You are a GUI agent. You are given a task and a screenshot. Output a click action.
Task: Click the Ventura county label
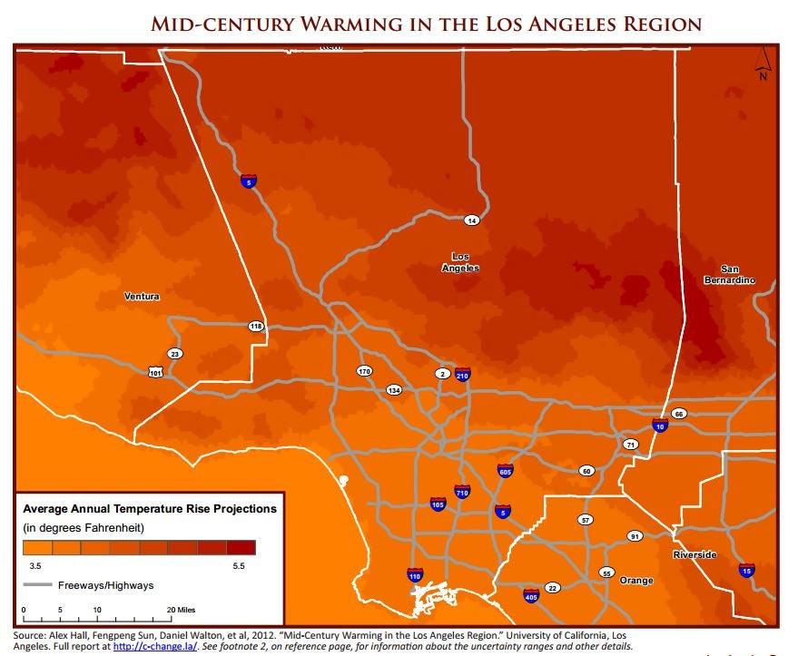[x=142, y=297]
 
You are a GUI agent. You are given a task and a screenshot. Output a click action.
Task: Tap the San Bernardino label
[x=729, y=274]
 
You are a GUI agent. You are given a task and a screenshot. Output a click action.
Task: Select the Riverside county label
[x=695, y=554]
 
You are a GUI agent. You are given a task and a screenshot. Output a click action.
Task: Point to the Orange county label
[x=635, y=580]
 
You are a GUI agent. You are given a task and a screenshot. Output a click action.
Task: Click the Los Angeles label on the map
[x=460, y=262]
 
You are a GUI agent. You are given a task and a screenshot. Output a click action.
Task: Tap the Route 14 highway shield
[x=471, y=220]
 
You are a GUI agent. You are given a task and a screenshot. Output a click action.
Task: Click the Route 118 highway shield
[x=256, y=326]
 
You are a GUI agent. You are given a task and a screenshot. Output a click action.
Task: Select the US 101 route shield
[x=157, y=373]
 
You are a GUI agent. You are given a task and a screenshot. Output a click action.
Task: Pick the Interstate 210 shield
[x=462, y=374]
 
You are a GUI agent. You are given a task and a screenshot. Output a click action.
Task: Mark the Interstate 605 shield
[x=506, y=471]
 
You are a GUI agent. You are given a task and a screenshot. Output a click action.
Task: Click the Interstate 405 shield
[x=531, y=595]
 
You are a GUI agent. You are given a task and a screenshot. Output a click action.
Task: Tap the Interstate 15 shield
[x=746, y=570]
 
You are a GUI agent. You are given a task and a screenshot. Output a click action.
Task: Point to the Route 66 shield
[x=679, y=414]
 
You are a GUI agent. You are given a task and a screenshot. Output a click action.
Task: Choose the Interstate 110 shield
[x=415, y=574]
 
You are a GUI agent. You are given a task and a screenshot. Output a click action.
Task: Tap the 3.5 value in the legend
[x=31, y=564]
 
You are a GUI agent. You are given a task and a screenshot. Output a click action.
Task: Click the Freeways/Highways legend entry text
[x=105, y=585]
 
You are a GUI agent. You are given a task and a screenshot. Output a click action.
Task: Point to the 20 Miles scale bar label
[x=182, y=608]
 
